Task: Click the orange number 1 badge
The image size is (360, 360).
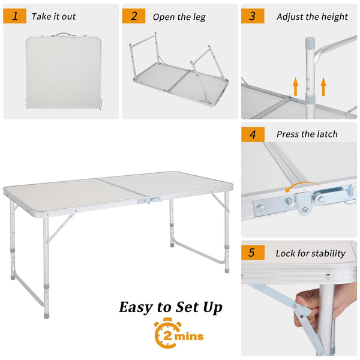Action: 14,16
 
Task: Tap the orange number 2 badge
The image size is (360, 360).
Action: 134,16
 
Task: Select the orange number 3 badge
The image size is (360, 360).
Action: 253,16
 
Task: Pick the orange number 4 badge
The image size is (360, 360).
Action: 253,134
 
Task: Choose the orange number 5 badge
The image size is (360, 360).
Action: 253,253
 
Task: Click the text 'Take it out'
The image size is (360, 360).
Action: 54,17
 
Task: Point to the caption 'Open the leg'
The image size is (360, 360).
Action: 179,17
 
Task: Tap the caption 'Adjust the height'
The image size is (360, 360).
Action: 312,17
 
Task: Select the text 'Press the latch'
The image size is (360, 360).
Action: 307,134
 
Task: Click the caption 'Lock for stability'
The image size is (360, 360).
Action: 310,253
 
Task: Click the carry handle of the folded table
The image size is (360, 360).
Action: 63,34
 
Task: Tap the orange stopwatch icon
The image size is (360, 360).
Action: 166,333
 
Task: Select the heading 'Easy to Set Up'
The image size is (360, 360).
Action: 171,307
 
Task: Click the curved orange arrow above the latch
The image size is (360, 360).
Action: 301,184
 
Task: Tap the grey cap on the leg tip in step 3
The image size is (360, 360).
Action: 310,42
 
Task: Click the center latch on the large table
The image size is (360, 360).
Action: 149,200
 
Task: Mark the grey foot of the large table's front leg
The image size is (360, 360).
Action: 46,314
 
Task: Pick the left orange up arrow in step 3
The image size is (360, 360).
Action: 296,86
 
